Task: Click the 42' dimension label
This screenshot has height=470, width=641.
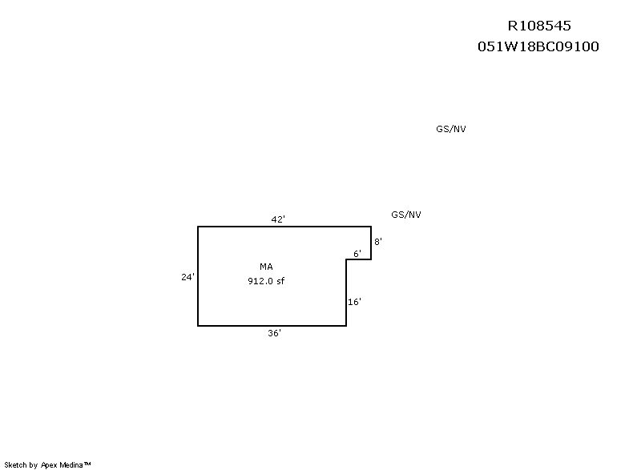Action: coord(278,219)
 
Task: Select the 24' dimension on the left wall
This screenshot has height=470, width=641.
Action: coord(187,277)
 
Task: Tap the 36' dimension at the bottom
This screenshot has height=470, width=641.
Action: coord(274,333)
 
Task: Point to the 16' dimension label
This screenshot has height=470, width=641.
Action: coord(354,302)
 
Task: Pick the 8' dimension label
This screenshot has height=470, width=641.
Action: coord(378,242)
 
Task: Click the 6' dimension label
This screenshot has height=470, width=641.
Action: coord(357,254)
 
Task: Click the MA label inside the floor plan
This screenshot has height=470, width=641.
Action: coord(266,267)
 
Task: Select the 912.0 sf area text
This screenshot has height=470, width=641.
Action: coord(266,281)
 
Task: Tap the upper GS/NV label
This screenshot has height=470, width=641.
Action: coord(451,129)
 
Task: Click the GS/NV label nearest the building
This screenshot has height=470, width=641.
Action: coord(406,215)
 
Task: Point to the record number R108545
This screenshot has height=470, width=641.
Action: coord(539,26)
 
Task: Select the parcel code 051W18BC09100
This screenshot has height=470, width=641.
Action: coord(538,46)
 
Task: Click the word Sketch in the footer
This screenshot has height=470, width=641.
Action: coord(15,464)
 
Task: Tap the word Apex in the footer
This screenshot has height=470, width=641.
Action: coord(49,465)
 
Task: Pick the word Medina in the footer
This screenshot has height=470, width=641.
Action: coord(71,464)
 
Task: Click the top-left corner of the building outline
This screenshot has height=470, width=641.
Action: coord(198,227)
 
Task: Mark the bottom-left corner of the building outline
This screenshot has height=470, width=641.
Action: coord(198,326)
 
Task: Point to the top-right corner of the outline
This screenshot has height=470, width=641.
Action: coord(371,227)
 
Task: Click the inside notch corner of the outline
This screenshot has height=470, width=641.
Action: coord(346,259)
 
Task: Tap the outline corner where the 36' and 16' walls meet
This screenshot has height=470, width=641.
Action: coord(346,326)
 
